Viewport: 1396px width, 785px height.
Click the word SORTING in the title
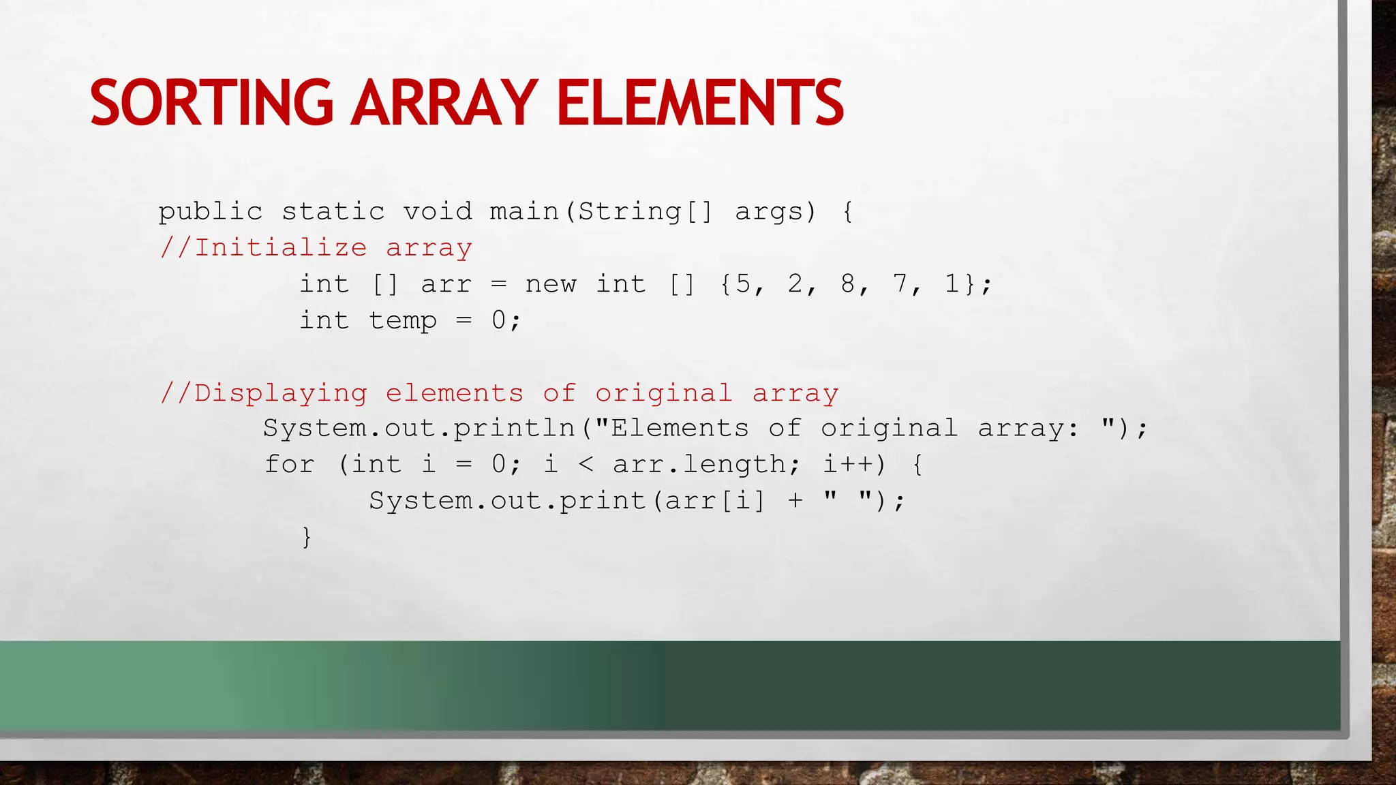coord(211,103)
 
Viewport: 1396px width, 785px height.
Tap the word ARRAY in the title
coord(444,103)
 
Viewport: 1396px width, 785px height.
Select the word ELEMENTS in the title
coord(700,103)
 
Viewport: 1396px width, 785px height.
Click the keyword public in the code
coord(211,212)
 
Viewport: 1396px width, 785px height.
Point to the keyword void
coord(438,211)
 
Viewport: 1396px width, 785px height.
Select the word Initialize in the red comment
coord(281,247)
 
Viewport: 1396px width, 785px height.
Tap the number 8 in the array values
coord(848,283)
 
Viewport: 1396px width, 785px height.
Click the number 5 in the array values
coord(743,283)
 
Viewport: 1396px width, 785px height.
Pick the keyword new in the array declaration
coord(551,284)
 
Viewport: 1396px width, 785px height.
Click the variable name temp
coord(403,320)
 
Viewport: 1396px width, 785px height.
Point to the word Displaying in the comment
coord(281,393)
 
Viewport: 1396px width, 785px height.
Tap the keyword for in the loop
coord(290,465)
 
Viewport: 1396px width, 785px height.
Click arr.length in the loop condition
coord(700,465)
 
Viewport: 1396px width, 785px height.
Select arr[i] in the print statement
coord(715,501)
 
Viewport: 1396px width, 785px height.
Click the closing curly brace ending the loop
coord(307,537)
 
